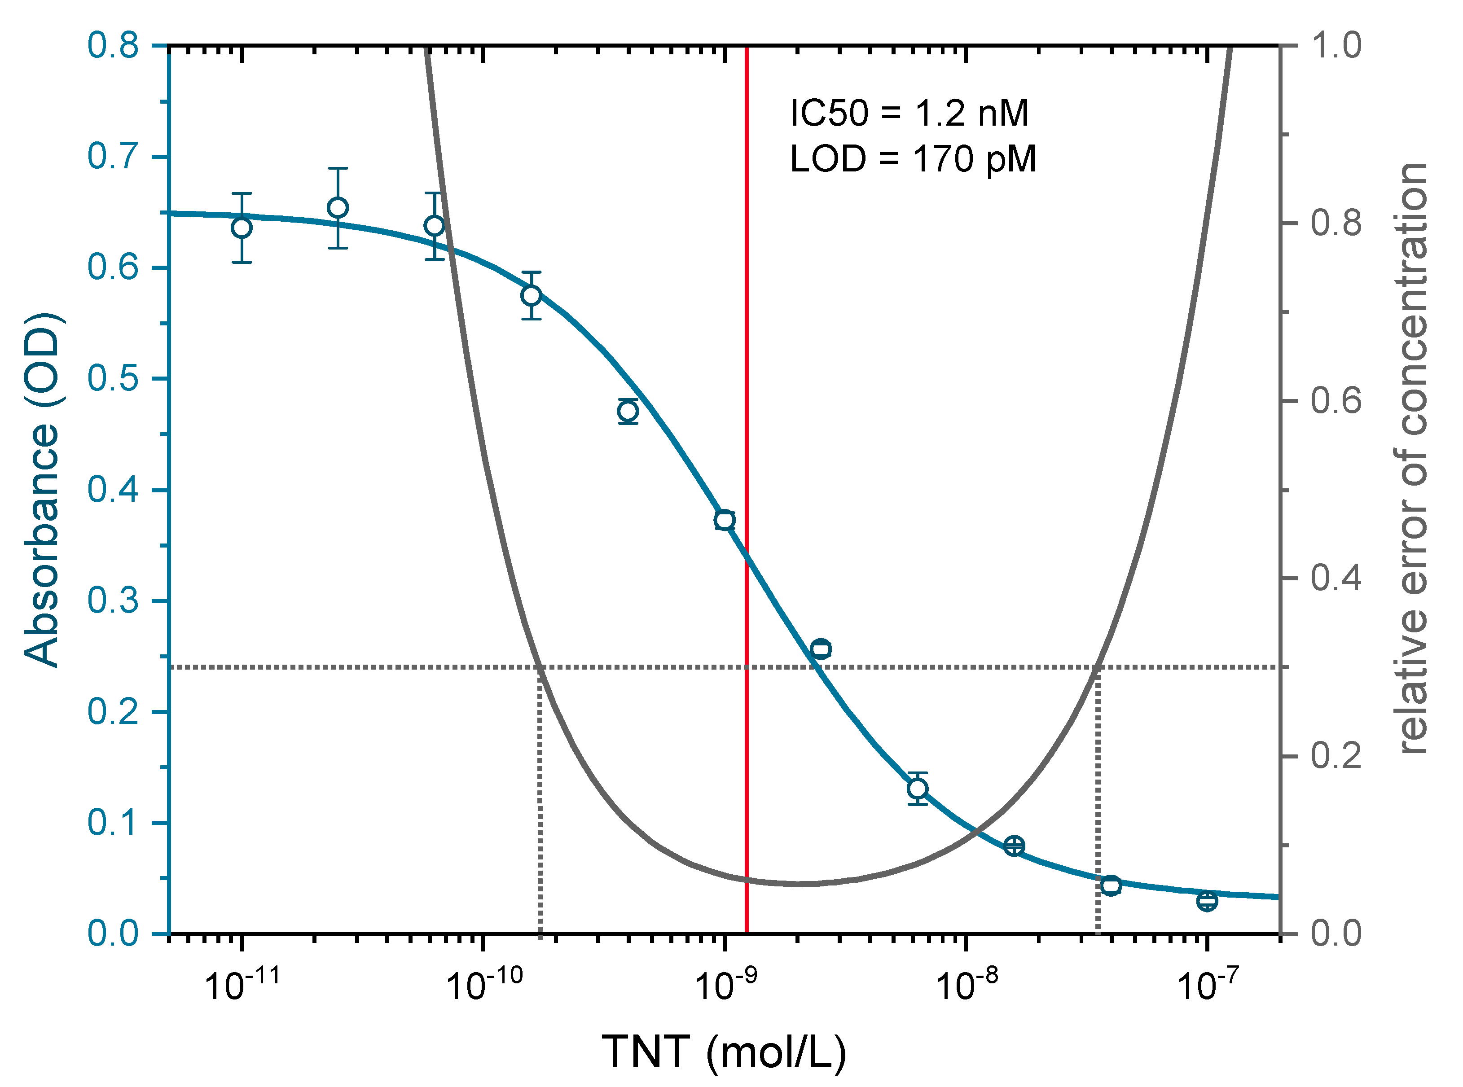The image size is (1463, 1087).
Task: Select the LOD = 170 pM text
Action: tap(912, 159)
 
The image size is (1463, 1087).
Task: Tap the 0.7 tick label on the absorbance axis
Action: tap(113, 157)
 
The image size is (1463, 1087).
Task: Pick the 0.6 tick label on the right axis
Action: tap(1336, 401)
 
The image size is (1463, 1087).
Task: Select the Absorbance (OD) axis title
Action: tap(42, 490)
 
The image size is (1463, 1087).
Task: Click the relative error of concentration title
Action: tap(1413, 459)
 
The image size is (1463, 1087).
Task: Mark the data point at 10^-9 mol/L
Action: tap(725, 520)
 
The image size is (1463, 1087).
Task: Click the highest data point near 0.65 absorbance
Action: tap(338, 208)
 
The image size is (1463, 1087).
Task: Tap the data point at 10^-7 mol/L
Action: tap(1207, 901)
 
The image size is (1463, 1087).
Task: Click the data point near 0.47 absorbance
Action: tap(628, 411)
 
